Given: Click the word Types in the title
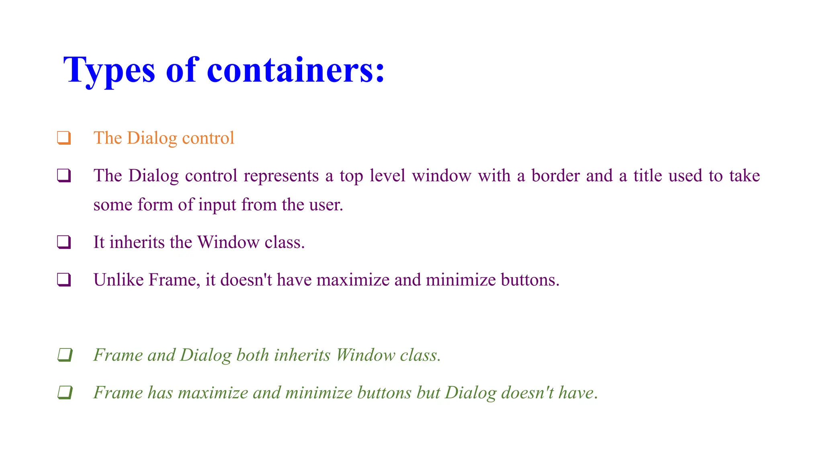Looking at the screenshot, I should pyautogui.click(x=109, y=71).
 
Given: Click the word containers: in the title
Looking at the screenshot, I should pyautogui.click(x=296, y=71).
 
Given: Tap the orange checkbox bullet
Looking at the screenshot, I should pyautogui.click(x=64, y=138).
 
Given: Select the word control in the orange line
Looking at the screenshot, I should pyautogui.click(x=208, y=138).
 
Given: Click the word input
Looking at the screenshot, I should pyautogui.click(x=217, y=205).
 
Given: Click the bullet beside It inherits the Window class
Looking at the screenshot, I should pyautogui.click(x=64, y=242).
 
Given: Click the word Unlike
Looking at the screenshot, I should pyautogui.click(x=119, y=280).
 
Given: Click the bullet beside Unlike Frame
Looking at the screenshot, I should pyautogui.click(x=64, y=280).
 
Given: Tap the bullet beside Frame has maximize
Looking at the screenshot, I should pyautogui.click(x=64, y=393).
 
